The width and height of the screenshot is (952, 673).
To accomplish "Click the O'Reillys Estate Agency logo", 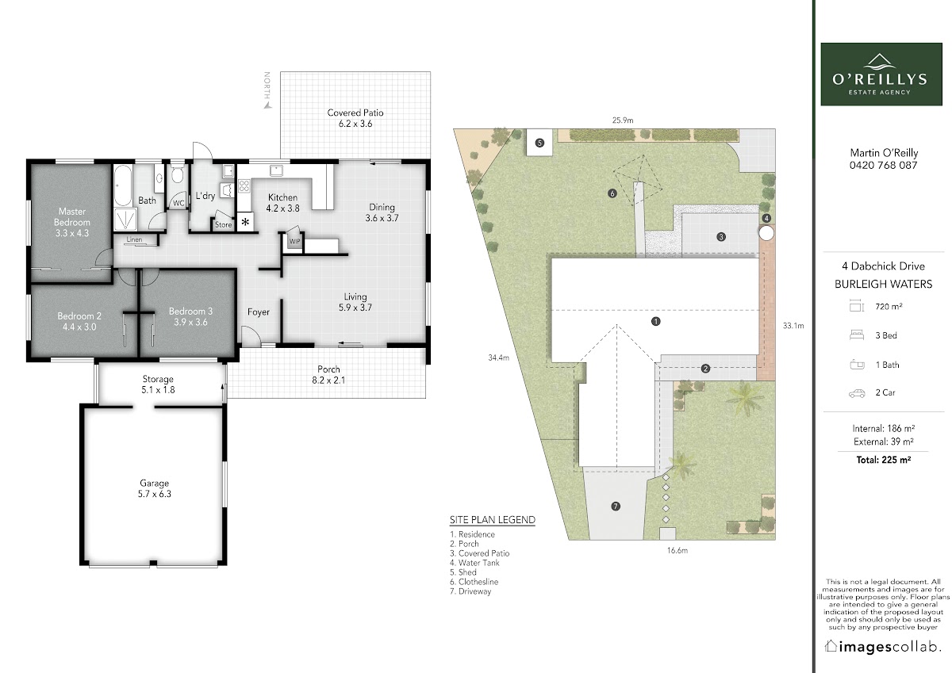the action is (881, 74).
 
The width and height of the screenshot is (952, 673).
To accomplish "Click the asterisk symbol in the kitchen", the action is (245, 222).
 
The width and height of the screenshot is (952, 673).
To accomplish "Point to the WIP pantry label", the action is (294, 241).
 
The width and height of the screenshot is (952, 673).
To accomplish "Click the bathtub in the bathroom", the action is (123, 185).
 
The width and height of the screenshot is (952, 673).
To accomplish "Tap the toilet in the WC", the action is (177, 174).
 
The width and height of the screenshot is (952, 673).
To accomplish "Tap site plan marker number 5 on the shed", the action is (539, 143).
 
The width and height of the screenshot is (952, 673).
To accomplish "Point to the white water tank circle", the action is (766, 233).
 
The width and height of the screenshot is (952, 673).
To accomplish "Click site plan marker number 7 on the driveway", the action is (616, 506).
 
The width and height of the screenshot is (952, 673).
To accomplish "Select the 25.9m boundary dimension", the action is (623, 120).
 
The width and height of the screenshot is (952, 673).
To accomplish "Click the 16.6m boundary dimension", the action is (677, 551).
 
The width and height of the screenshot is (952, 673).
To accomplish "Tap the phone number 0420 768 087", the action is (883, 165).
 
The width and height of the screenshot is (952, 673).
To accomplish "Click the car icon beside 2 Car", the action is (857, 393).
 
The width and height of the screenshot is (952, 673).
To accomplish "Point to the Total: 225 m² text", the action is (884, 460).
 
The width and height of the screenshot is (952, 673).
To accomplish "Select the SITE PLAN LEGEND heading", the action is (493, 520).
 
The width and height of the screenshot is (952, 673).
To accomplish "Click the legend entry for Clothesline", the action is (474, 582).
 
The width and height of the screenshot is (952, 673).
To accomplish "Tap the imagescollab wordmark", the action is (883, 647).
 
